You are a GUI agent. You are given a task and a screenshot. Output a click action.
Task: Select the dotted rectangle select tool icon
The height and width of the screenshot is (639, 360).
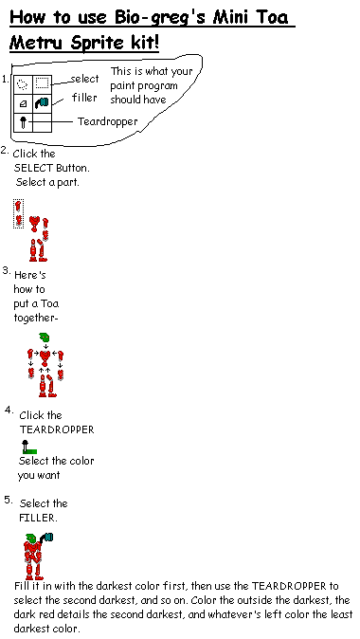42,83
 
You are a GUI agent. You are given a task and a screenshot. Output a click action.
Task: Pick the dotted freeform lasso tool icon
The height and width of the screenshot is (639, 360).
23,83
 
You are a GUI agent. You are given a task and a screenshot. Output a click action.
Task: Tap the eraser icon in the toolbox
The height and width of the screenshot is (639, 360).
23,102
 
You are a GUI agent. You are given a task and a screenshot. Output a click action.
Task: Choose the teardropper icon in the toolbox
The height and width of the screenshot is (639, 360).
22,121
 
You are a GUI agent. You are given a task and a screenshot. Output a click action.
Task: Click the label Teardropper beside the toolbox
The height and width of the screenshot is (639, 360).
110,121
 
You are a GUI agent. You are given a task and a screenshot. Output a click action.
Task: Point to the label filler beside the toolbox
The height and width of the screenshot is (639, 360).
84,98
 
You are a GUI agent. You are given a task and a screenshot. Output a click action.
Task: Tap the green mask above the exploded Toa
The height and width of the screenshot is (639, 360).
43,338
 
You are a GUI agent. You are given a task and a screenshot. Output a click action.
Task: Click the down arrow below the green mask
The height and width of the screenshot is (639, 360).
44,349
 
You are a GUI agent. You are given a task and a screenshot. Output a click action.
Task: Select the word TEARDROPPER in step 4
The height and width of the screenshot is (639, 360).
57,429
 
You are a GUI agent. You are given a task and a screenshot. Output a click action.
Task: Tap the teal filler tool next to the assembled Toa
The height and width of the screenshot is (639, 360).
47,539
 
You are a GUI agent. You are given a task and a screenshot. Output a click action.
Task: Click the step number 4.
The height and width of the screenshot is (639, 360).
8,411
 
